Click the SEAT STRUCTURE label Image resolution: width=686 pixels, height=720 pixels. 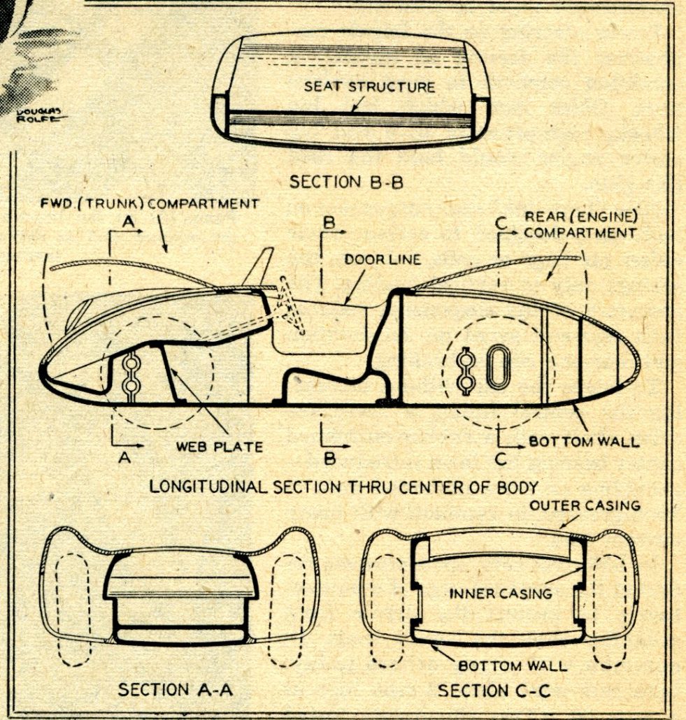click(x=369, y=87)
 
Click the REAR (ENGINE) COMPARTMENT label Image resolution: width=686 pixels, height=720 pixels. click(x=580, y=224)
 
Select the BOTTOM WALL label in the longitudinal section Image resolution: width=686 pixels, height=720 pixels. click(x=584, y=442)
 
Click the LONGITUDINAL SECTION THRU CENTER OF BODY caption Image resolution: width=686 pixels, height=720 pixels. click(x=343, y=487)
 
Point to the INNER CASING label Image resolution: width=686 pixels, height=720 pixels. click(x=500, y=593)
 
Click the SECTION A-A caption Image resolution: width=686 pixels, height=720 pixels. click(x=175, y=690)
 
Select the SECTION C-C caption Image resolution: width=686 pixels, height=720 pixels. click(x=494, y=691)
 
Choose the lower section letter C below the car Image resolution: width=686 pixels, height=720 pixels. click(x=500, y=459)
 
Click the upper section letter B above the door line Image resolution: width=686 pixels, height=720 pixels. click(x=329, y=222)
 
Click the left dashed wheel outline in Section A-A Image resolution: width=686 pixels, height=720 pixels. click(x=69, y=608)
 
